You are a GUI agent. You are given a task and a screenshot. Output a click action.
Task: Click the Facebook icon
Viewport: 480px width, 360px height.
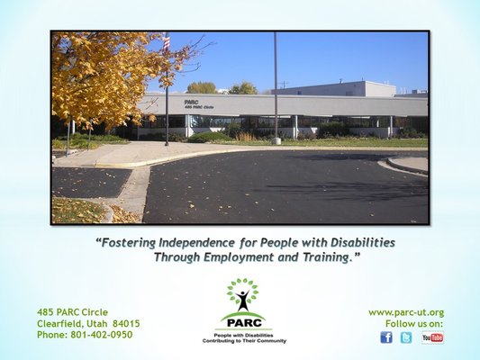click(x=385, y=337)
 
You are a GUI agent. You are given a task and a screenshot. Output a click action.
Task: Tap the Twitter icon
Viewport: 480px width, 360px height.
click(x=406, y=337)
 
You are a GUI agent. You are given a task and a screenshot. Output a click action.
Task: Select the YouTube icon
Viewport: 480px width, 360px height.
click(x=432, y=337)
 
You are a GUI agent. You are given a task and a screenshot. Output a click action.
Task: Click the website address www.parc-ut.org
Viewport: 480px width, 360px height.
click(x=406, y=312)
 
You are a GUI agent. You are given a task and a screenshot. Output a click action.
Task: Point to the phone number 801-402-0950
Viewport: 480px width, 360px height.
click(x=101, y=335)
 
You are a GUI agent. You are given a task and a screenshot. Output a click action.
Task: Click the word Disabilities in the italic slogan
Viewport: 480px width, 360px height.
click(x=355, y=243)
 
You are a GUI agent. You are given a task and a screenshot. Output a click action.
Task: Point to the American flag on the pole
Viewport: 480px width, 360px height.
click(x=166, y=42)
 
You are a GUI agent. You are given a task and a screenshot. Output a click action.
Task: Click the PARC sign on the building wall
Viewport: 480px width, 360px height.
click(x=192, y=103)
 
